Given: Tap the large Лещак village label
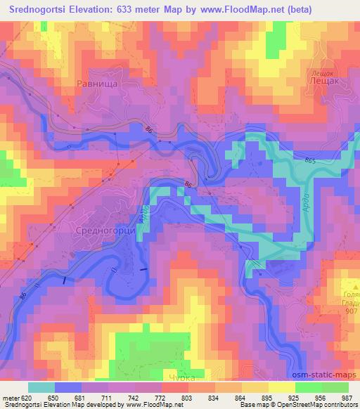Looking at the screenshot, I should (323, 82).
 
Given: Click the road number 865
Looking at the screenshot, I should (311, 162).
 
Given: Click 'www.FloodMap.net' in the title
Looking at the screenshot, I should (224, 8).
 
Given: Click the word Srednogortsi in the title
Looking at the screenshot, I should (36, 8).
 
